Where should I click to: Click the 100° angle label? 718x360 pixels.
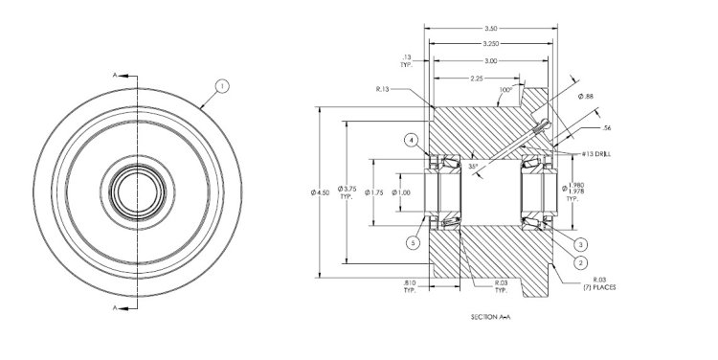[505, 91]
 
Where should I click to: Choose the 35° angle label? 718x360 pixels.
[473, 166]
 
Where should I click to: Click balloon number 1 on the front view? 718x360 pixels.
[222, 86]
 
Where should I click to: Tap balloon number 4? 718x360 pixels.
[411, 141]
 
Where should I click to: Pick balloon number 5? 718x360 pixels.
[414, 242]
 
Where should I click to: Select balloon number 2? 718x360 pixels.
[581, 260]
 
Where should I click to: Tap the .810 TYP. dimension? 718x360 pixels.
[409, 285]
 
